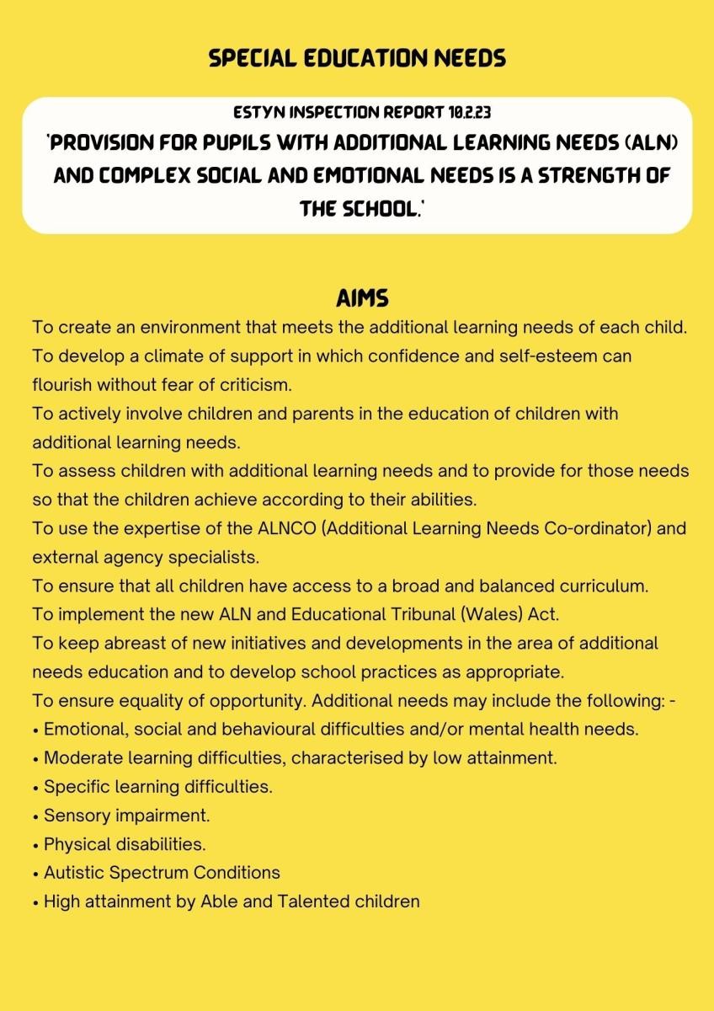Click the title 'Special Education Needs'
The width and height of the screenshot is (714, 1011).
tap(357, 58)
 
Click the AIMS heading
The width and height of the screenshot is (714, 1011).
tap(361, 300)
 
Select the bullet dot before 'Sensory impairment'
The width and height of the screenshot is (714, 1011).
tap(36, 816)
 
